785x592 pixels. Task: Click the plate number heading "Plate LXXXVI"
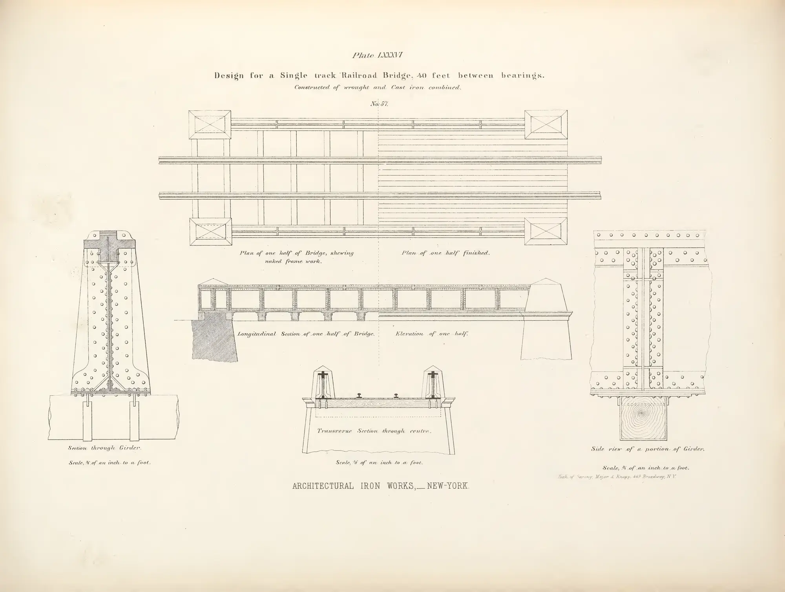(x=377, y=55)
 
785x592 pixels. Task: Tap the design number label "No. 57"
(x=379, y=104)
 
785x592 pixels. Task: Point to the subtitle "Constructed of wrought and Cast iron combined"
(x=377, y=88)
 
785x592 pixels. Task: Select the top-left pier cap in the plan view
(x=210, y=125)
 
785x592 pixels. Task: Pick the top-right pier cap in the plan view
(x=546, y=125)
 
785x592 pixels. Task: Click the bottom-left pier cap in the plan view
(x=210, y=232)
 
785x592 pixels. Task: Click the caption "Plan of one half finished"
(x=445, y=253)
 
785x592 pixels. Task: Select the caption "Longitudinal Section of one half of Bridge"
(x=307, y=334)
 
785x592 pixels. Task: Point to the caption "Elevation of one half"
(x=432, y=334)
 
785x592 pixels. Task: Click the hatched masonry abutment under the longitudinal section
(x=214, y=338)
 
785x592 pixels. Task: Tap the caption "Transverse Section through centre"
(x=374, y=431)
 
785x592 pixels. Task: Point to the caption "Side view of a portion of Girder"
(x=648, y=449)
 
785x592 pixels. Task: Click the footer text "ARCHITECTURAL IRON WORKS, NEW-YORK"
(x=381, y=486)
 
